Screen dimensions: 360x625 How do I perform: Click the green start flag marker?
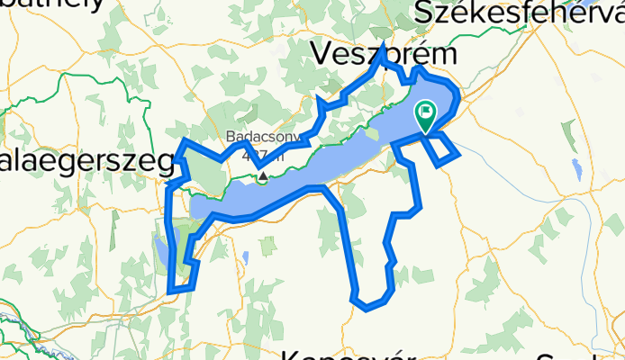pos(424,114)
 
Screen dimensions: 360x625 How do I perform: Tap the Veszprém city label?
pos(384,55)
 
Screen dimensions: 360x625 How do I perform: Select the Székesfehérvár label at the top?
pos(519,13)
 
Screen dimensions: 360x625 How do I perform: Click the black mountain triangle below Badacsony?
pos(262,177)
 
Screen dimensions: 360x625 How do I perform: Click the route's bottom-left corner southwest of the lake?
pos(171,290)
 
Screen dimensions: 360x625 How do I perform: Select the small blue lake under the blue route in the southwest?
pos(160,247)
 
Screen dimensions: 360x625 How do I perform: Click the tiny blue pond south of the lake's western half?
pos(245,257)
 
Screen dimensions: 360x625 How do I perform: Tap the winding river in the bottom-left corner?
pos(14,319)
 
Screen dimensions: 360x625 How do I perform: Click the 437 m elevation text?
pos(267,155)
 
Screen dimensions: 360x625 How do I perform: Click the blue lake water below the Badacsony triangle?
pos(270,193)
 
